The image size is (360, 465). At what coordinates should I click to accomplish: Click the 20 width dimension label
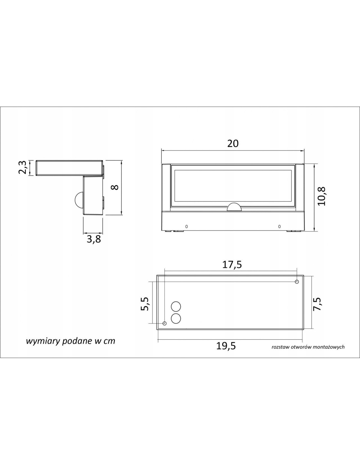(x=233, y=143)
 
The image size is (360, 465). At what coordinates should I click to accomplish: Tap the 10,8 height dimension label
(x=321, y=197)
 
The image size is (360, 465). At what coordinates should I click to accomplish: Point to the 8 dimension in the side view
(x=115, y=187)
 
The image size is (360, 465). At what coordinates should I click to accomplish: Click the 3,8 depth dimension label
(x=94, y=239)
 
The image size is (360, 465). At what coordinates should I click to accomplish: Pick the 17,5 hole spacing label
(x=232, y=265)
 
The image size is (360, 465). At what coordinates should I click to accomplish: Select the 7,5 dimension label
(x=317, y=304)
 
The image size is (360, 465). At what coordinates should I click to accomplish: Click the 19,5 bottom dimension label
(x=226, y=346)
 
